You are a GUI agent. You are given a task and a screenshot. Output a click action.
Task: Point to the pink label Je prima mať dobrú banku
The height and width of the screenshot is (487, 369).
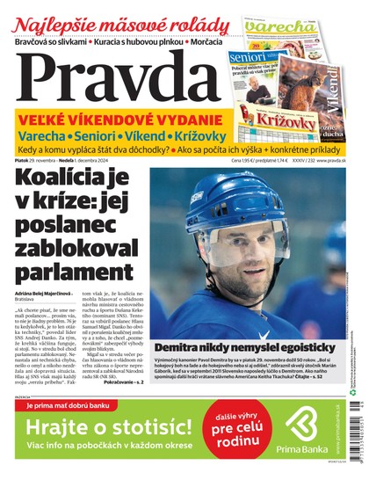click(70, 405)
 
